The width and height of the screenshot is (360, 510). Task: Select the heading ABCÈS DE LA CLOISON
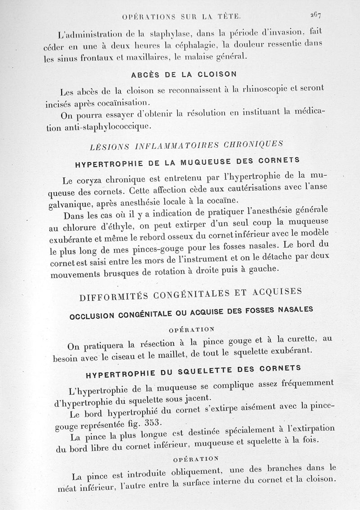(184, 74)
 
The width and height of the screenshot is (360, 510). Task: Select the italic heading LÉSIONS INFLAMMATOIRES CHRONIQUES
(186, 145)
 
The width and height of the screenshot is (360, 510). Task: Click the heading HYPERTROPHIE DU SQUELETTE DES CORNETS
(193, 371)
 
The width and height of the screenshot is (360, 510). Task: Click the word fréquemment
(307, 384)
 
